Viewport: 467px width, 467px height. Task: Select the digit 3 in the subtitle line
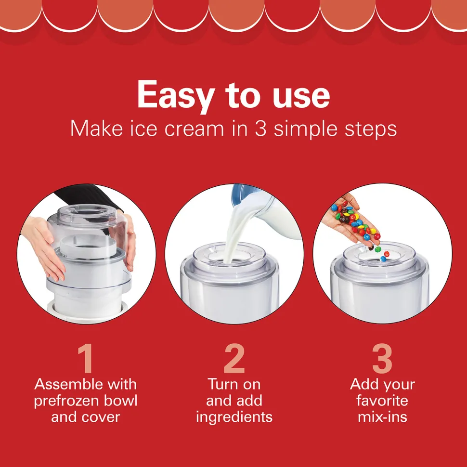pos(260,129)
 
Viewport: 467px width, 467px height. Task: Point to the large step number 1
pos(86,358)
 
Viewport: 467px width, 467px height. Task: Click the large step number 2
pos(234,358)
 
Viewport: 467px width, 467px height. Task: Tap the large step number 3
pos(382,359)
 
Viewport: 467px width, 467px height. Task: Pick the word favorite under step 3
pos(382,401)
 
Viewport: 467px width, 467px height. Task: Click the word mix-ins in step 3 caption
pos(382,417)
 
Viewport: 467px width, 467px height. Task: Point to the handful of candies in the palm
pos(356,221)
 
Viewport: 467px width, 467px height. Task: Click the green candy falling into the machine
pos(378,249)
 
